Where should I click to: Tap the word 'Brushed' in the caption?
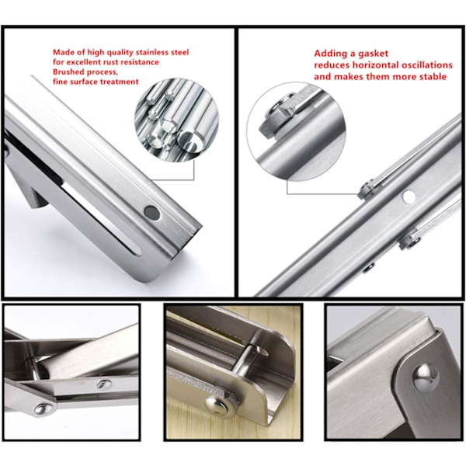(x=67, y=72)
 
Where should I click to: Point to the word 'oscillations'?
(x=427, y=64)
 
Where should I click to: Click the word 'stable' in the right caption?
(x=433, y=76)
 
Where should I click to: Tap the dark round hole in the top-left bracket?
(x=152, y=213)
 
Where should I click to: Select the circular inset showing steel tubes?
(x=176, y=120)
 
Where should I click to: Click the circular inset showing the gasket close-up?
(x=296, y=130)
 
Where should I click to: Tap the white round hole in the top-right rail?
(x=409, y=197)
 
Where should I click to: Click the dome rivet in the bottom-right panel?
(x=426, y=376)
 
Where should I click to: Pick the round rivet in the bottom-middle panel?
(x=217, y=405)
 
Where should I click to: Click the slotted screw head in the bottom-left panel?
(x=104, y=384)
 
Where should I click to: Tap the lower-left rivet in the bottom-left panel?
(x=43, y=409)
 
